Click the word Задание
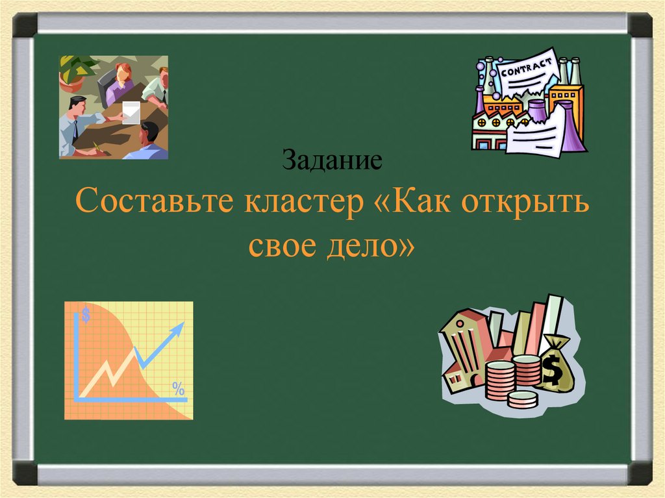click(x=331, y=160)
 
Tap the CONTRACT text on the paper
click(x=526, y=67)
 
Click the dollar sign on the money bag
click(x=553, y=371)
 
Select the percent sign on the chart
click(x=178, y=390)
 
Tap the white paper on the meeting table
click(x=132, y=112)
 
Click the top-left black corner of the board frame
click(x=25, y=24)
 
